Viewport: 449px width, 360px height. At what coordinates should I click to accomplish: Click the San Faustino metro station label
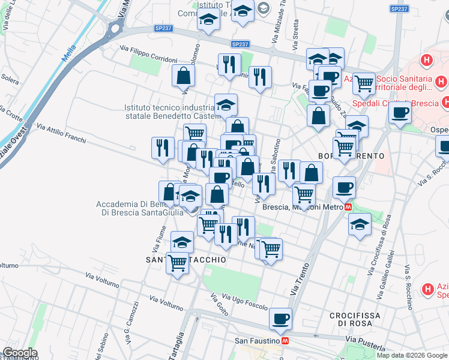[x=256, y=341]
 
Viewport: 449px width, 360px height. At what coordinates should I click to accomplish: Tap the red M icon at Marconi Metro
[x=349, y=207]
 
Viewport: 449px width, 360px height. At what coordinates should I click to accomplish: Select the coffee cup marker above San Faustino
[x=280, y=319]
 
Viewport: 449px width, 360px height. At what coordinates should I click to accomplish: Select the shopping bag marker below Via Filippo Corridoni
[x=183, y=76]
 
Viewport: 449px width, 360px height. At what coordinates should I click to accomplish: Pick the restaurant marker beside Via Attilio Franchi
[x=162, y=148]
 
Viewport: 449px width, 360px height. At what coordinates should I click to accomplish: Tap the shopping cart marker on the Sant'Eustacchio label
[x=178, y=263]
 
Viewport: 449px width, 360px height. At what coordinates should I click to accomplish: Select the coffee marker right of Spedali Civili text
[x=400, y=112]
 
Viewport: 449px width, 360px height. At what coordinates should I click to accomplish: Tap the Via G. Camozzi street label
[x=131, y=327]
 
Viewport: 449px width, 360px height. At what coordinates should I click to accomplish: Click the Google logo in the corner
[x=19, y=353]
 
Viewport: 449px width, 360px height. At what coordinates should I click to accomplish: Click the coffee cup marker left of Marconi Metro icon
[x=344, y=188]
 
